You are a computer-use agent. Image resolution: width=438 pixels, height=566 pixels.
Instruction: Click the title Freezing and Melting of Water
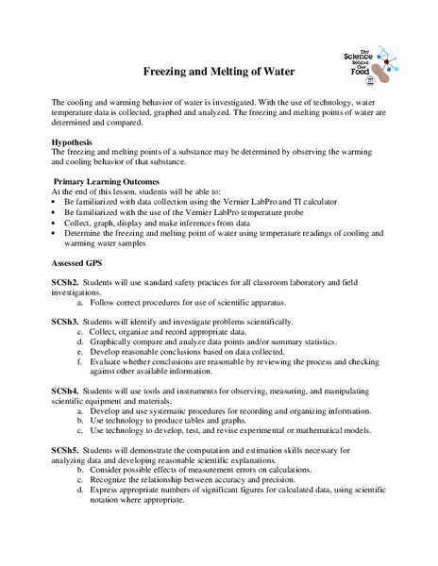tap(218, 71)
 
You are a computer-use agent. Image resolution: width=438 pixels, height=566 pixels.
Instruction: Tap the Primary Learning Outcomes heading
tap(106, 181)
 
